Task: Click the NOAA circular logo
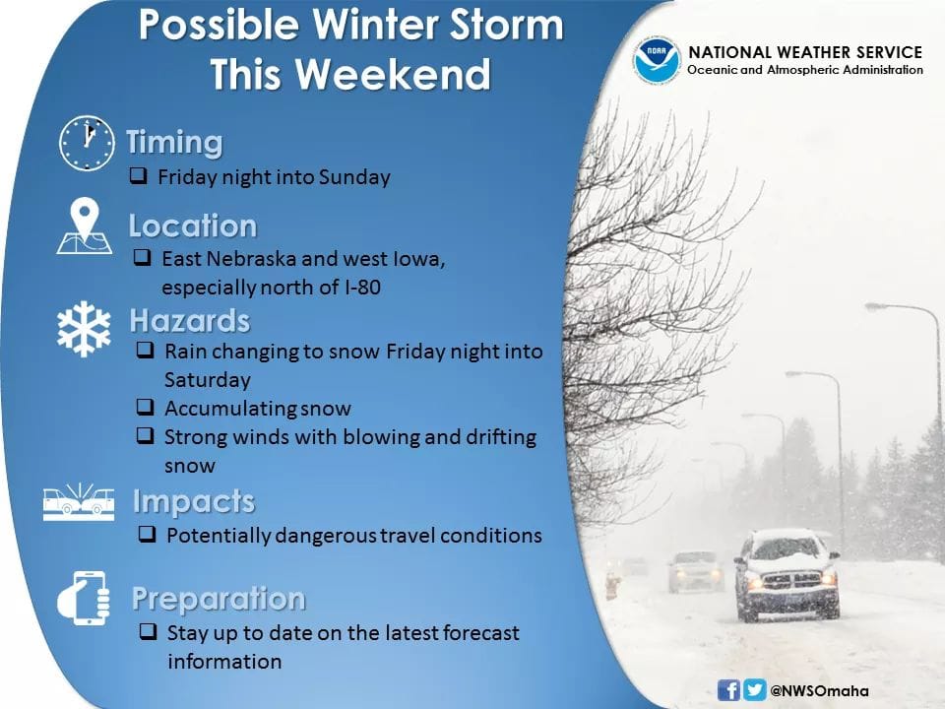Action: [657, 60]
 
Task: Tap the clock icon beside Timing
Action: [87, 143]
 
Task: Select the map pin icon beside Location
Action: [85, 226]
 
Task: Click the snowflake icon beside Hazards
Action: [84, 329]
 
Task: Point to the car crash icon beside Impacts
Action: [79, 501]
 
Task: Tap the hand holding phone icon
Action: [84, 598]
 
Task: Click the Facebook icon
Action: [728, 689]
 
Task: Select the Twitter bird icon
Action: [755, 689]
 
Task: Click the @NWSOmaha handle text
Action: [820, 691]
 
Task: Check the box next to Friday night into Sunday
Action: [139, 175]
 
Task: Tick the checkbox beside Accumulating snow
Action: [146, 407]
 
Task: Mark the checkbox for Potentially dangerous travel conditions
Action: [147, 534]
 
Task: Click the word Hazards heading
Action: [190, 320]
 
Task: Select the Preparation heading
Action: [219, 598]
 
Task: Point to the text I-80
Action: [363, 287]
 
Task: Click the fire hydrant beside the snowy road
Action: [612, 586]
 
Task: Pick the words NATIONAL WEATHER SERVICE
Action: [805, 52]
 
